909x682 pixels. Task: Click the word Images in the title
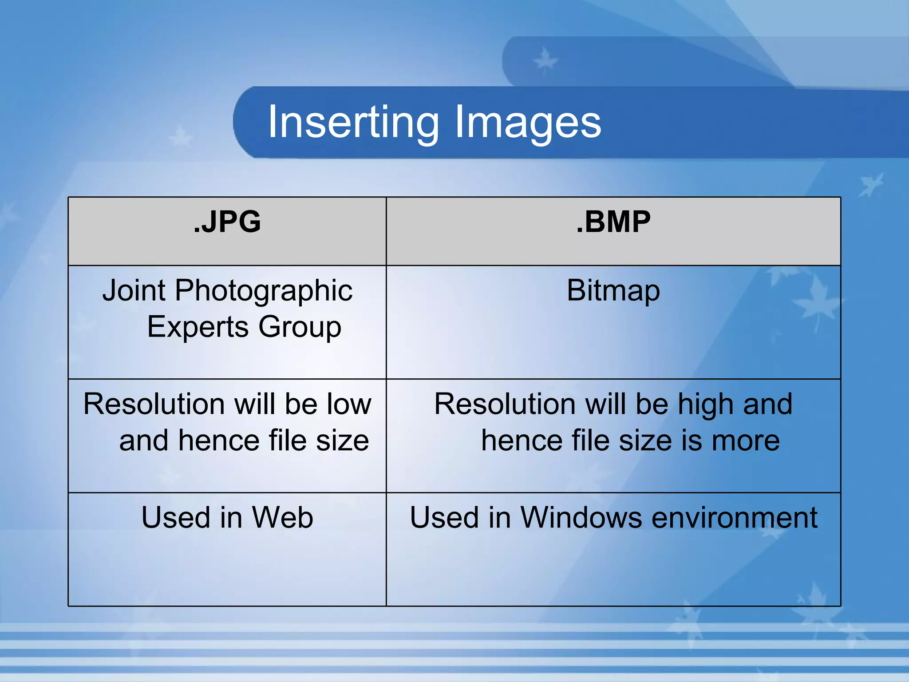click(x=528, y=122)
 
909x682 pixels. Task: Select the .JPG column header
click(x=227, y=222)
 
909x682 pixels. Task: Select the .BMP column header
click(x=613, y=222)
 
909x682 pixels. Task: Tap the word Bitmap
click(x=613, y=291)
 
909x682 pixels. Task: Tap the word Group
click(x=300, y=328)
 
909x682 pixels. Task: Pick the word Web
click(x=282, y=518)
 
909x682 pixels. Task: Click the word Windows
click(x=581, y=518)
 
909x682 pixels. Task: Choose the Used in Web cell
click(x=227, y=549)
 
